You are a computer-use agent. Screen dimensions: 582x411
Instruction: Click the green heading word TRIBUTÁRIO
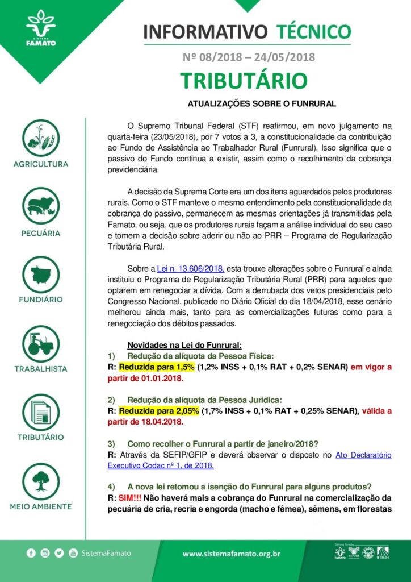pyautogui.click(x=244, y=81)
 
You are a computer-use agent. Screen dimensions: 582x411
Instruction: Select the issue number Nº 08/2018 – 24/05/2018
pyautogui.click(x=249, y=57)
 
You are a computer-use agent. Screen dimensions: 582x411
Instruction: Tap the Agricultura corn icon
pyautogui.click(x=41, y=138)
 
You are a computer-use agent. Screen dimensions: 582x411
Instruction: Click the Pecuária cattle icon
pyautogui.click(x=41, y=206)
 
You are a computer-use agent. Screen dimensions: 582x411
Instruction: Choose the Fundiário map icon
pyautogui.click(x=41, y=276)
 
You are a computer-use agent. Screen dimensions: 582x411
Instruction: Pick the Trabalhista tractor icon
pyautogui.click(x=41, y=343)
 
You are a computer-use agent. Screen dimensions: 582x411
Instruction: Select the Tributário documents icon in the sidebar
pyautogui.click(x=41, y=412)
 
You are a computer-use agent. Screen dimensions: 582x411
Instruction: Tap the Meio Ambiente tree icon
pyautogui.click(x=41, y=481)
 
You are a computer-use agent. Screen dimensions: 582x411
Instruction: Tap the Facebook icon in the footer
pyautogui.click(x=31, y=553)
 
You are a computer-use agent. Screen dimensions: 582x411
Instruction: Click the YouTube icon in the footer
pyautogui.click(x=73, y=553)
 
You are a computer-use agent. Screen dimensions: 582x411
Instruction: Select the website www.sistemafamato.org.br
pyautogui.click(x=232, y=554)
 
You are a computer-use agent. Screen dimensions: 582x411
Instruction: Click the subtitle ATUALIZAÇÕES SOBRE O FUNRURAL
pyautogui.click(x=262, y=104)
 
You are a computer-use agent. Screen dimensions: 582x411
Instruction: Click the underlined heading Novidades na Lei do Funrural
pyautogui.click(x=184, y=344)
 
